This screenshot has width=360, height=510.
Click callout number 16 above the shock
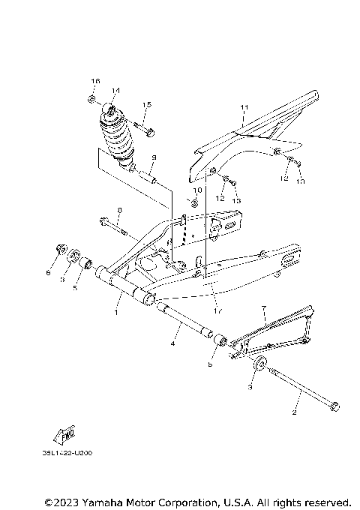(x=95, y=80)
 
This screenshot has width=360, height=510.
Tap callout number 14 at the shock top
(x=115, y=91)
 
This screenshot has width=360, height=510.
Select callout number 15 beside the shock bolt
(x=146, y=104)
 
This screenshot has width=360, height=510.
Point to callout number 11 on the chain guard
(x=243, y=108)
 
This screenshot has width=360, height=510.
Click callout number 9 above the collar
(x=152, y=157)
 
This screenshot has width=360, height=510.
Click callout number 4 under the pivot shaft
(x=172, y=344)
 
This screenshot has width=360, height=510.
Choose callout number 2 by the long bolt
(x=295, y=412)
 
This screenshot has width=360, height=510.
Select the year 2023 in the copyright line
(x=67, y=502)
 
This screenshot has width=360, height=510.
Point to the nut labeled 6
(x=60, y=251)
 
